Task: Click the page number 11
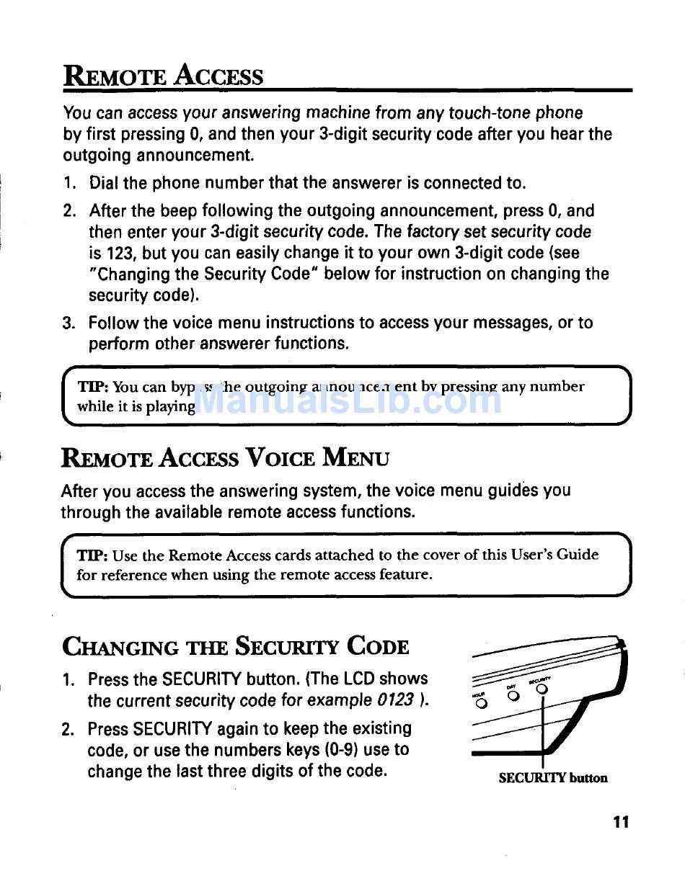[x=622, y=821]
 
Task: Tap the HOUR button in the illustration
[x=482, y=703]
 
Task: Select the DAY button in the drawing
[x=513, y=696]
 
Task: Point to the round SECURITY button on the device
[x=542, y=689]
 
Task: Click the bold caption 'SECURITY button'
[x=553, y=777]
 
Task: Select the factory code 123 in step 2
[x=114, y=253]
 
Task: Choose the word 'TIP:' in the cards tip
[x=93, y=555]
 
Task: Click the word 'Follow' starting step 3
[x=114, y=323]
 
